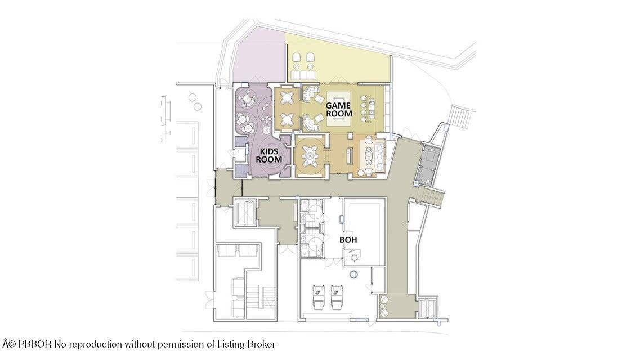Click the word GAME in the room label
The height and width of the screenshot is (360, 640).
[338, 106]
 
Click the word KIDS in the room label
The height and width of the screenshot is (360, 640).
[268, 152]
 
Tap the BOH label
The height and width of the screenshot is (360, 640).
[348, 240]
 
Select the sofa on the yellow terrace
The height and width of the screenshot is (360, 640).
[303, 75]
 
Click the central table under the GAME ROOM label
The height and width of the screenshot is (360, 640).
[339, 109]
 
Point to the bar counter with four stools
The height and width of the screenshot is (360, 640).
[370, 106]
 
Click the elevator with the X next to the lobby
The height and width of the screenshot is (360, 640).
[244, 213]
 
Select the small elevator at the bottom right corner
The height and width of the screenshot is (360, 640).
[428, 306]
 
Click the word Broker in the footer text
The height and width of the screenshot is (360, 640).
[261, 344]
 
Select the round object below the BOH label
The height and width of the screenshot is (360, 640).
[353, 274]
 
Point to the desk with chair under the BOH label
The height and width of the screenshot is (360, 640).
[353, 254]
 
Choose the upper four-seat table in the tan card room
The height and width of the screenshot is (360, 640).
[288, 97]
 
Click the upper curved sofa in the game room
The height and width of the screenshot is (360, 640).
[311, 94]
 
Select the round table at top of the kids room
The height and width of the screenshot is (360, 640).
[247, 100]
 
